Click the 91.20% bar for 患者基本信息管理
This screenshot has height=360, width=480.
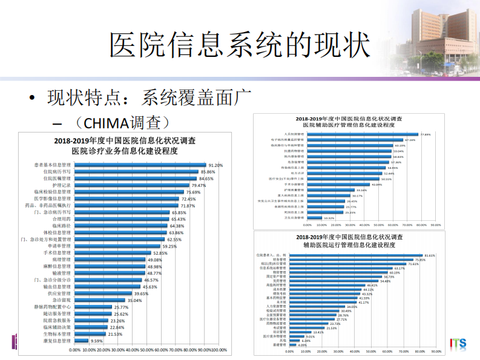[x=140, y=165]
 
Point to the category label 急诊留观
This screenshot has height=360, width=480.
[x=62, y=299]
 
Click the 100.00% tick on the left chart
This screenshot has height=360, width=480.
[x=219, y=350]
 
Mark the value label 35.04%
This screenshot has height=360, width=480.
[x=134, y=300]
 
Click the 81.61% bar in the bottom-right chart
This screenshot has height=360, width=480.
[x=355, y=255]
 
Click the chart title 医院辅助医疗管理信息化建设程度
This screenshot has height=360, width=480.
[x=352, y=124]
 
